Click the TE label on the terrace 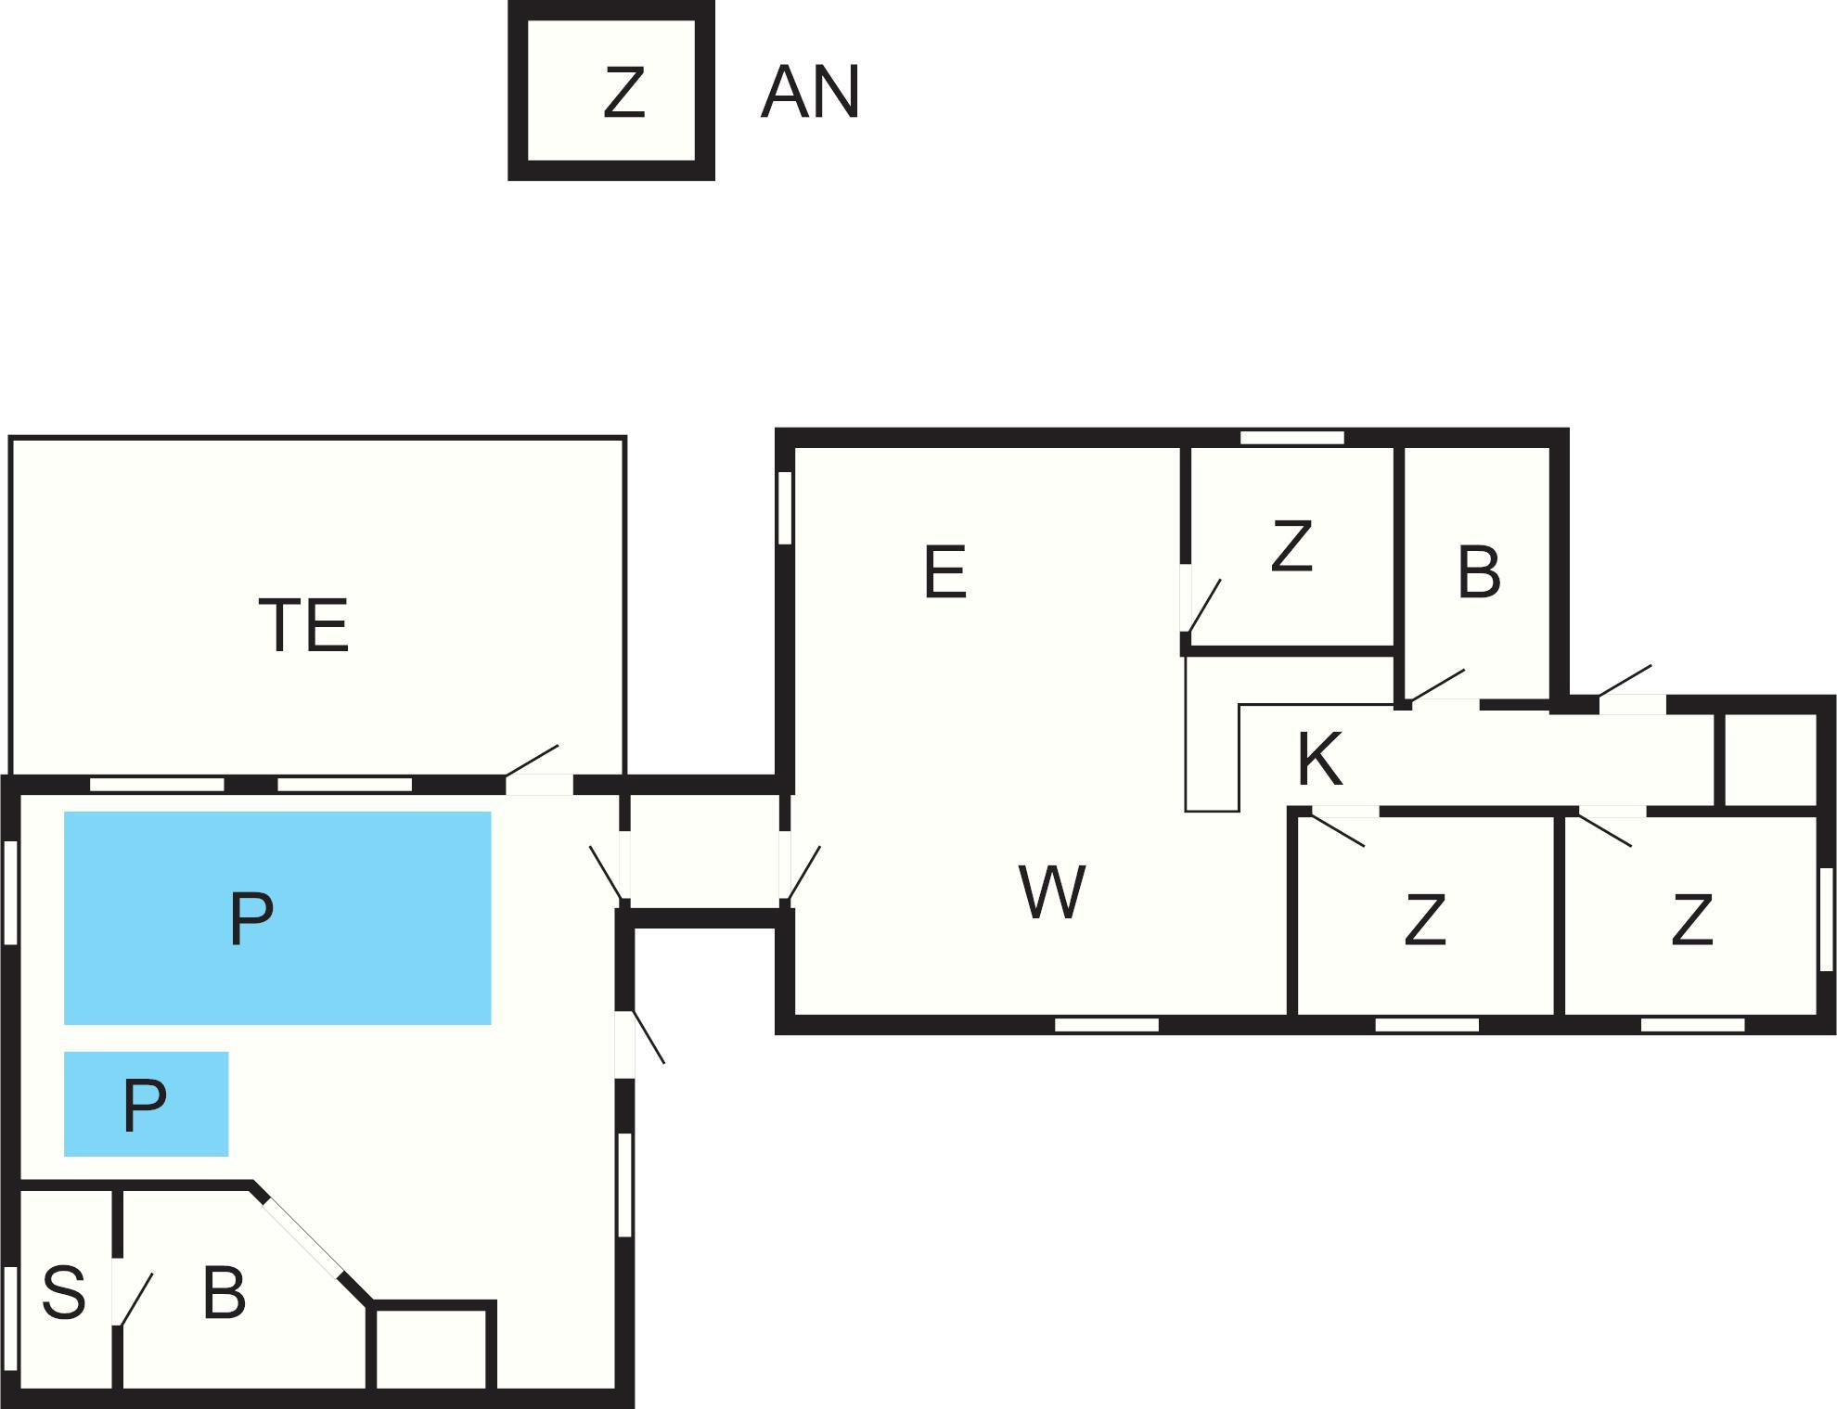303,625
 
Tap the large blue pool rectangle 276,917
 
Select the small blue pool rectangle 146,1104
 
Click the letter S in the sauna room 64,1291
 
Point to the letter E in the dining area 945,572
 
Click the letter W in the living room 1051,892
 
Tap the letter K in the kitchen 1319,760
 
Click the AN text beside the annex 810,93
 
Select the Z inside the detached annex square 623,93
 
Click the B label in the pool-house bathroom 224,1293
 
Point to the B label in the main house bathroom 1479,572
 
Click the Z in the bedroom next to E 1291,546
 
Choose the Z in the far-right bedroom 1690,920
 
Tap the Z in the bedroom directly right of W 1424,920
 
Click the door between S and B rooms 118,1291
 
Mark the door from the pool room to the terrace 539,784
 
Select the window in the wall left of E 785,507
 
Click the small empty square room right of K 1770,760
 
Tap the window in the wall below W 1107,1025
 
